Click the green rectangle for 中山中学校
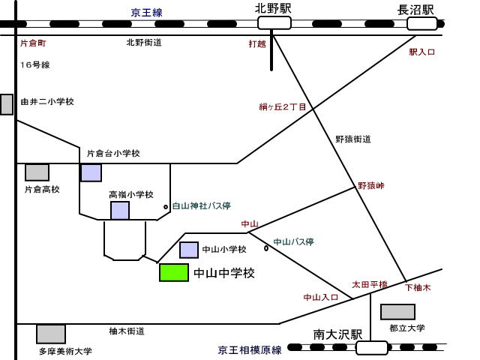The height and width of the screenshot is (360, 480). (x=174, y=272)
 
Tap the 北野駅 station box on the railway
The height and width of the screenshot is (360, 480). (x=273, y=23)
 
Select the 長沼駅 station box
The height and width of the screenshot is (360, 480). (x=421, y=23)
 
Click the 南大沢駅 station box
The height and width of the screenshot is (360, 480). (x=372, y=347)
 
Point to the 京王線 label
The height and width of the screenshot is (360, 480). (x=146, y=12)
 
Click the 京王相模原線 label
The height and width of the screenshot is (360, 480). (x=250, y=349)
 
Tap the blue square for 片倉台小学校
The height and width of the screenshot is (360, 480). (x=91, y=172)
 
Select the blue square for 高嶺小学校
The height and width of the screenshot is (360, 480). (x=120, y=211)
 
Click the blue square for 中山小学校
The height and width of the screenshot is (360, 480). (x=189, y=250)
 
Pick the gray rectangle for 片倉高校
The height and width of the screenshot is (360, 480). (x=37, y=172)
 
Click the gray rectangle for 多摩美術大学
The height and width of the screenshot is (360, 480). (x=51, y=334)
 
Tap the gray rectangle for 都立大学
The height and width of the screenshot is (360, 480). (x=397, y=312)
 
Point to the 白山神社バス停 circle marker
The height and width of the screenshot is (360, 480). (x=166, y=206)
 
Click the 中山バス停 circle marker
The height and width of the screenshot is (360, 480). (x=266, y=248)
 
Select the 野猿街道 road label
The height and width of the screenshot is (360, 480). (x=352, y=139)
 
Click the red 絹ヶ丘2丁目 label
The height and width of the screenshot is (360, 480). (x=282, y=107)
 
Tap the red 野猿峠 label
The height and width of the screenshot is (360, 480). (x=370, y=185)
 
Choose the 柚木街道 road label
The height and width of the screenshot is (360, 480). (x=126, y=331)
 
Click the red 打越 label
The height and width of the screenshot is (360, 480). (x=257, y=43)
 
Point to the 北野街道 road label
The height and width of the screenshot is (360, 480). (x=144, y=43)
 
